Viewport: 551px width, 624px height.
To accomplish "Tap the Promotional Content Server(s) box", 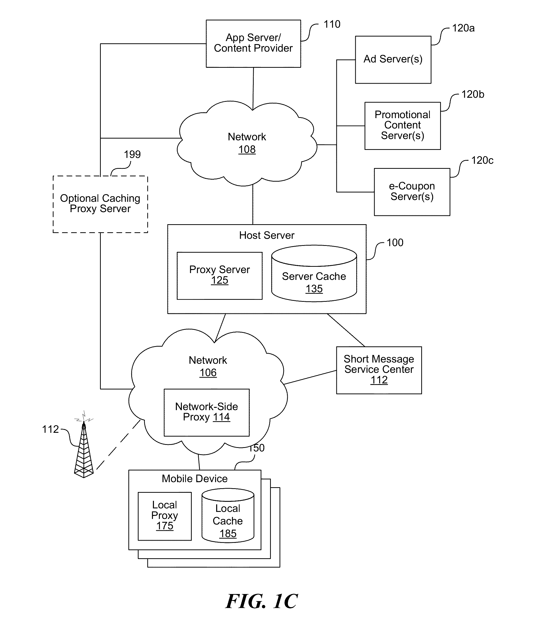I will pos(402,125).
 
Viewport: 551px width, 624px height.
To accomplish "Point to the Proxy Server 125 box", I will pos(219,275).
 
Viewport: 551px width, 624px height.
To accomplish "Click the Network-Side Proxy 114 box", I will pos(206,412).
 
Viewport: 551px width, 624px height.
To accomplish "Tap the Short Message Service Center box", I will pos(379,370).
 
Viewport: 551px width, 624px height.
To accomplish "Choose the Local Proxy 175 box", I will pos(165,516).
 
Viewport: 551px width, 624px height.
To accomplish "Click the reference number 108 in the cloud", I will pos(247,150).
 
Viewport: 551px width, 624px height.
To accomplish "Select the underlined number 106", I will pos(208,373).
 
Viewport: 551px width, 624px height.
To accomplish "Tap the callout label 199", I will pos(132,154).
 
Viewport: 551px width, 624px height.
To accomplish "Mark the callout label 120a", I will pos(463,28).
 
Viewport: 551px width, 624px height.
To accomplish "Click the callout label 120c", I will pos(482,160).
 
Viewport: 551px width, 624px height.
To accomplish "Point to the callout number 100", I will pos(395,243).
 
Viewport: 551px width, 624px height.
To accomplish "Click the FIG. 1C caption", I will pos(262,601).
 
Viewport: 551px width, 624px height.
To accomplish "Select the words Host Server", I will pos(267,235).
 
